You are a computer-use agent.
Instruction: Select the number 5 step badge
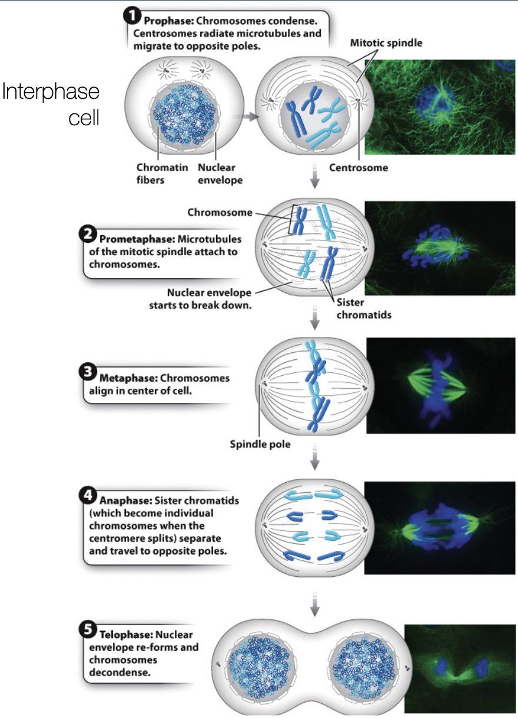pos(87,631)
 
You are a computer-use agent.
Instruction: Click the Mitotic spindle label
pos(386,43)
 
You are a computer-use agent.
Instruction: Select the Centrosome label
pos(358,168)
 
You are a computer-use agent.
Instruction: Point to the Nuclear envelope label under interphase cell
pos(220,173)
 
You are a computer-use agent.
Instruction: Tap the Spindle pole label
pos(260,444)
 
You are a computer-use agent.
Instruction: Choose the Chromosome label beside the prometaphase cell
pos(220,212)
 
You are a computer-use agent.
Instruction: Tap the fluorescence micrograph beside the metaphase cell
pos(441,385)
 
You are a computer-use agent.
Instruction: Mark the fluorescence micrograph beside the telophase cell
pos(461,669)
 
